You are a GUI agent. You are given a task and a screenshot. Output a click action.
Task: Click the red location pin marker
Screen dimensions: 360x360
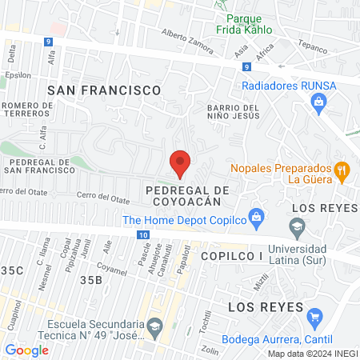coord(180,163)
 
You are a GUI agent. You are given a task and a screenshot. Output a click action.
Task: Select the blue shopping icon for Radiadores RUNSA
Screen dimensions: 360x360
coord(319,102)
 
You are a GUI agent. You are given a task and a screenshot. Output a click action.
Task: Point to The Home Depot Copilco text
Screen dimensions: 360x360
coord(184,221)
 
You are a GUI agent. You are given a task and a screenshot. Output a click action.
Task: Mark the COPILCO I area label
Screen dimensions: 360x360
coord(231,255)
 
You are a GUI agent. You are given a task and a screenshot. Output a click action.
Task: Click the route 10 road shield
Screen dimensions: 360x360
coord(142,234)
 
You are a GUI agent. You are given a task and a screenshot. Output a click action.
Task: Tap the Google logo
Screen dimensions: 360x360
coord(26,350)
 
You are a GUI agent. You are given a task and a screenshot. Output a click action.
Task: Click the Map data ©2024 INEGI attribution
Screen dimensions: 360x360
coord(312,354)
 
